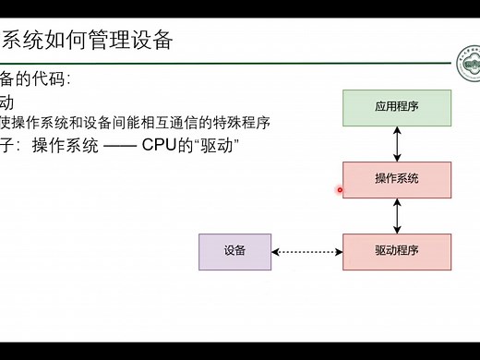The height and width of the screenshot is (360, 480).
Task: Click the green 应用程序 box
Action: click(x=397, y=107)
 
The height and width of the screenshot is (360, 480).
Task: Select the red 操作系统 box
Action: click(x=397, y=179)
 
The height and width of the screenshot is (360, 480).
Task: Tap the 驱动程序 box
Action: click(x=397, y=251)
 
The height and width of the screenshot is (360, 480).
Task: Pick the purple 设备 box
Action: click(x=235, y=251)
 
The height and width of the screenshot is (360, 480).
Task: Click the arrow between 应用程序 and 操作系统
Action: click(x=397, y=143)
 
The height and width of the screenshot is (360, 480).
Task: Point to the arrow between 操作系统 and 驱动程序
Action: click(x=397, y=215)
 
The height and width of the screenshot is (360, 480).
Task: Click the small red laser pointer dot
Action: click(x=340, y=190)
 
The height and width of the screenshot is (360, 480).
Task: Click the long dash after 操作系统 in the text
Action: click(x=118, y=145)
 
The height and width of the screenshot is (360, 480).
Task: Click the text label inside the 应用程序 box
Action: click(x=397, y=107)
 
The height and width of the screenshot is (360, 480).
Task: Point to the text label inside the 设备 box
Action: click(x=235, y=251)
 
